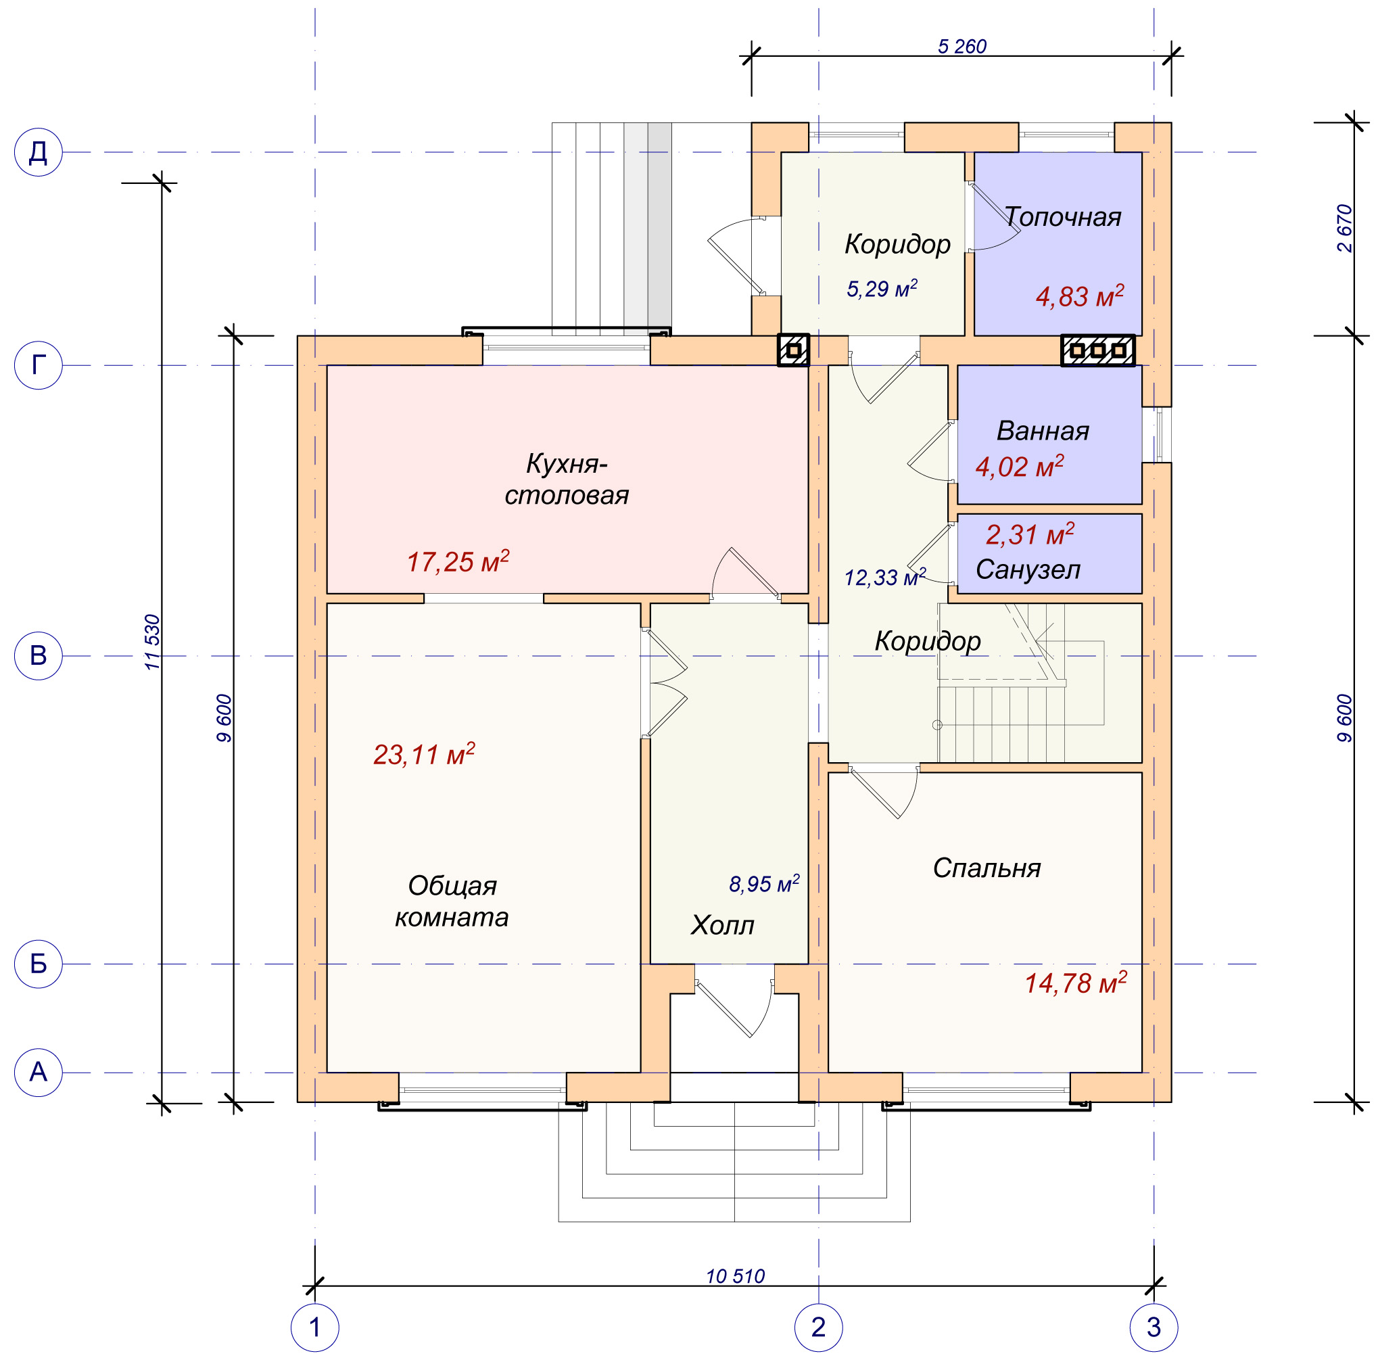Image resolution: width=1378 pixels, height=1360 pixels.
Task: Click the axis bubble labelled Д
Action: click(x=39, y=152)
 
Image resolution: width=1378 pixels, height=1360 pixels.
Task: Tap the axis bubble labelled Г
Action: click(x=39, y=365)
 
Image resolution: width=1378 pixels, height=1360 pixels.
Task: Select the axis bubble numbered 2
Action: click(x=818, y=1327)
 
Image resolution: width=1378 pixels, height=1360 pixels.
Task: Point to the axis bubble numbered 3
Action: click(x=1154, y=1327)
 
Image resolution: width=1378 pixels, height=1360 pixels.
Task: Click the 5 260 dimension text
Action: click(x=961, y=47)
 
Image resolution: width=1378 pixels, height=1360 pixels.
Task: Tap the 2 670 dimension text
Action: click(x=1344, y=229)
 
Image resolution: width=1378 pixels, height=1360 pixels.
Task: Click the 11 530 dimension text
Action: click(x=153, y=642)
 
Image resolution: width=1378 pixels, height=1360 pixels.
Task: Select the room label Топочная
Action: click(x=1062, y=217)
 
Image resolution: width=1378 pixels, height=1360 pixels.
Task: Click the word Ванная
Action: click(x=1042, y=431)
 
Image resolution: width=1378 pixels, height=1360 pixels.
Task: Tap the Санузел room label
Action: click(x=1028, y=569)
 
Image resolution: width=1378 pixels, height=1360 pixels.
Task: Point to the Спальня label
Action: click(x=987, y=868)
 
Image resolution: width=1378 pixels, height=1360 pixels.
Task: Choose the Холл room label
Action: click(x=722, y=925)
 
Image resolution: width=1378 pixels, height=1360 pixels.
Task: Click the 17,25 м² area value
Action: click(x=458, y=561)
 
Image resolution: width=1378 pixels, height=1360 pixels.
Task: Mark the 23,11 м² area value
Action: click(x=425, y=753)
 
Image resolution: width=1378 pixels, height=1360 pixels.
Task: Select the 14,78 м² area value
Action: click(x=1076, y=983)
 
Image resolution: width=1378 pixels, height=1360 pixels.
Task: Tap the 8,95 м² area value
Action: click(x=764, y=884)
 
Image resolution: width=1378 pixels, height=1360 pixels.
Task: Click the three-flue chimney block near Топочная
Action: click(x=1097, y=350)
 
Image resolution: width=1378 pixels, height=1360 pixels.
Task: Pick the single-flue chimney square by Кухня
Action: click(x=793, y=350)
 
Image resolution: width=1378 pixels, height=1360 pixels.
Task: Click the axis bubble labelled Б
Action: click(x=39, y=964)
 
